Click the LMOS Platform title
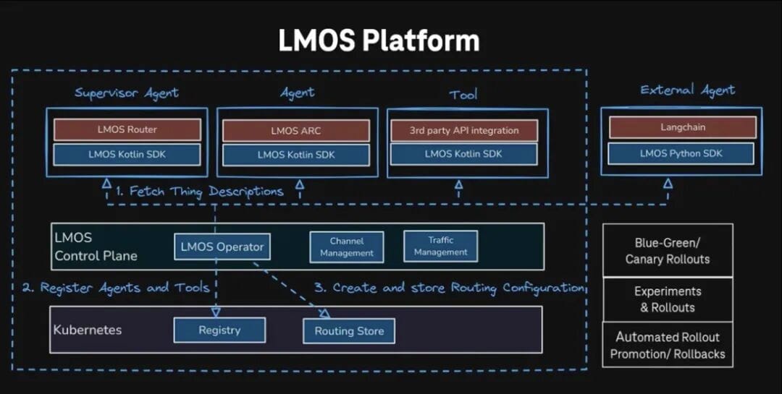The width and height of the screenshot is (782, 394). (379, 40)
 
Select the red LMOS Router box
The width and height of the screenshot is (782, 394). (127, 130)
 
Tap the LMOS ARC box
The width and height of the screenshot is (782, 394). (295, 131)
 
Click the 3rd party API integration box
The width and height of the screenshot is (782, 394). (464, 131)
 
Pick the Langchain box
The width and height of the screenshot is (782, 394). (682, 127)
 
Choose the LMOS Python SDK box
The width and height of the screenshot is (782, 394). (681, 153)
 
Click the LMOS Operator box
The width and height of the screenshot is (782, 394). (222, 247)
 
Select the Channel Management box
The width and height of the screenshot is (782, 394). (347, 247)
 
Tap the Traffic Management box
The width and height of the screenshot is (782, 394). (441, 247)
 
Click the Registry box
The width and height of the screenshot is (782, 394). (219, 330)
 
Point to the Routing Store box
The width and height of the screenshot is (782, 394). (349, 331)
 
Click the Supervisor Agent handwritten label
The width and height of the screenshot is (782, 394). (127, 93)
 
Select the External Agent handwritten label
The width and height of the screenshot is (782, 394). (687, 90)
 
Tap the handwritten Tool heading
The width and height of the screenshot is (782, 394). (463, 95)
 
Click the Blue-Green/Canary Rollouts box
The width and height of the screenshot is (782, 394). (667, 250)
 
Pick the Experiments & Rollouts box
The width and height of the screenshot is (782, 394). (667, 299)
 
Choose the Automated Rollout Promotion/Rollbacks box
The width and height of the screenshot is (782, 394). (667, 346)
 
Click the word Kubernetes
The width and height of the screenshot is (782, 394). (88, 330)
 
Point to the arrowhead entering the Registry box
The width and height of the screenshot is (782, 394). (215, 313)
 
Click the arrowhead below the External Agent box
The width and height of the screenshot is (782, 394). (668, 184)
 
